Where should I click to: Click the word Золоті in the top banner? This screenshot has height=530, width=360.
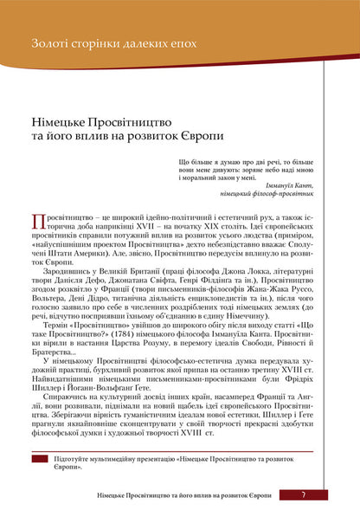coord(47,41)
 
